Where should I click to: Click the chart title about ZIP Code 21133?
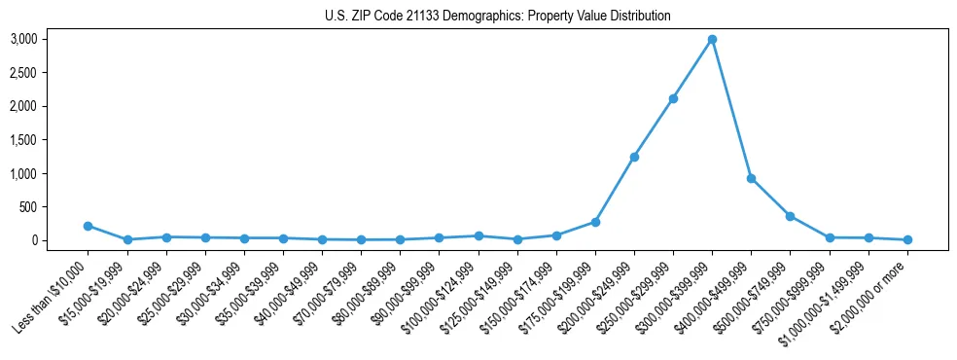tap(498, 17)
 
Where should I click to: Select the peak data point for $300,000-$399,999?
tap(712, 39)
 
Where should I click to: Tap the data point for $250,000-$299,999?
tap(673, 98)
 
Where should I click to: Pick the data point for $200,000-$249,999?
tap(634, 157)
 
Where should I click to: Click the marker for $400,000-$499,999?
tap(751, 178)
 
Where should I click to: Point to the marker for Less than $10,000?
tap(89, 226)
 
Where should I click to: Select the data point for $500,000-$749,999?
tap(790, 216)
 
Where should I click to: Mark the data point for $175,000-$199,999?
tap(595, 222)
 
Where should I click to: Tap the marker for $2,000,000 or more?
tap(907, 239)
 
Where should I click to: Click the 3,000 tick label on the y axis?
tap(51, 39)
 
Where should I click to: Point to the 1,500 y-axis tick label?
tap(51, 140)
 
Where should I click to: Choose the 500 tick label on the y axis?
tap(56, 207)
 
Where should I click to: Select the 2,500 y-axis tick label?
tap(51, 73)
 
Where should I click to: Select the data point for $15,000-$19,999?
tap(127, 239)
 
